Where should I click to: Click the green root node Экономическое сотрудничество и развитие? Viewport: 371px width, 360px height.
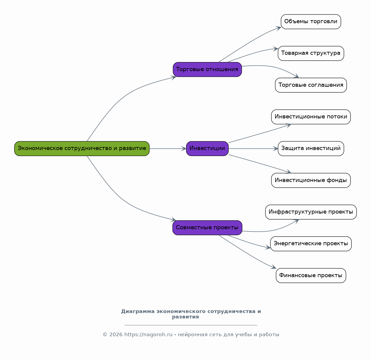[82, 149]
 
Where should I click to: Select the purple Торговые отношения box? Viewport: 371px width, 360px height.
[207, 69]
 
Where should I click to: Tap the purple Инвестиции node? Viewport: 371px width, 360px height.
[207, 149]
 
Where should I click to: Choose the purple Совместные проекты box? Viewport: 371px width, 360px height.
[207, 228]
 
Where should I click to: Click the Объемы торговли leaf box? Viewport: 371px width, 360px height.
[311, 22]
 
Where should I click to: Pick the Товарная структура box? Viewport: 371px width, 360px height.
[311, 53]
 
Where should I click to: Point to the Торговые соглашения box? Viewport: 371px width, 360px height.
[311, 85]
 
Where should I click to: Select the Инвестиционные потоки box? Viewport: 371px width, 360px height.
[311, 117]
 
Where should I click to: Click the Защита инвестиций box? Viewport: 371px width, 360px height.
[311, 149]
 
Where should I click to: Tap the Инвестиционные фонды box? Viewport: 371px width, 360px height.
[311, 180]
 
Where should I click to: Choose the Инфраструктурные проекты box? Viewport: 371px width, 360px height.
[311, 212]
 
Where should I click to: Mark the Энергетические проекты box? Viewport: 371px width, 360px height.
[311, 244]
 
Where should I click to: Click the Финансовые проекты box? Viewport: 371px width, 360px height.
[311, 276]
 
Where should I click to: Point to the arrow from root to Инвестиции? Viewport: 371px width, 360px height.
[168, 149]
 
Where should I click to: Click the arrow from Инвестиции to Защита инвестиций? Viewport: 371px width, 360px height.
[253, 149]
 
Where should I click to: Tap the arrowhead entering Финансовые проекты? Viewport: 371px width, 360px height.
[274, 267]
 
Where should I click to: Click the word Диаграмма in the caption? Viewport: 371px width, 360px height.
[138, 311]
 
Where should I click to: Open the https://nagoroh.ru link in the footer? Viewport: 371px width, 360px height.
[148, 334]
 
